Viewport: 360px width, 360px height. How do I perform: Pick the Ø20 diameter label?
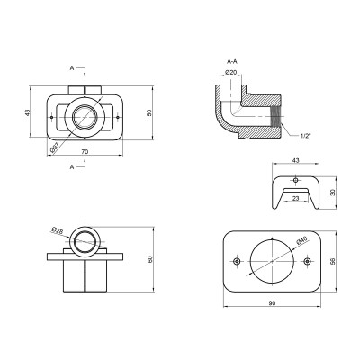click(x=230, y=73)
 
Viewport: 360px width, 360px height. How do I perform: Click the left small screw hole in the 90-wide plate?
click(x=236, y=261)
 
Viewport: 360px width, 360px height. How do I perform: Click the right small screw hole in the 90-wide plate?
click(x=308, y=261)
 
